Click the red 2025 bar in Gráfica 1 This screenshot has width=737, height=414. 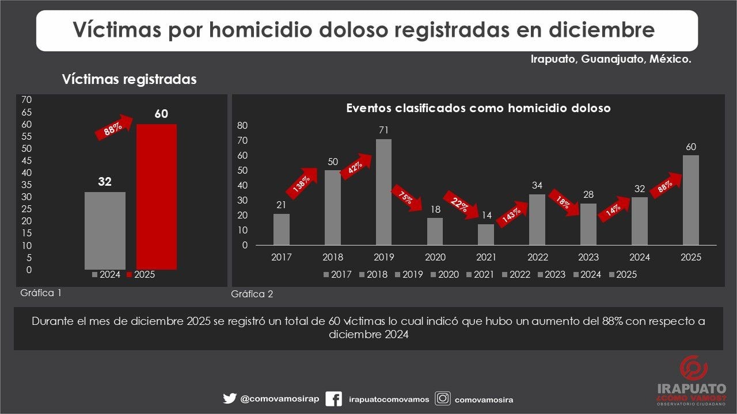(156, 197)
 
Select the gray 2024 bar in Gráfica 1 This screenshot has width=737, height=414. (105, 230)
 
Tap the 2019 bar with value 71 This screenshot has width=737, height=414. (383, 191)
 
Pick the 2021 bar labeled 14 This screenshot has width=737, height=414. (486, 234)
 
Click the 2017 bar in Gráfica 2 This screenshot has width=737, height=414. (282, 229)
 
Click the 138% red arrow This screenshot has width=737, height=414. (301, 182)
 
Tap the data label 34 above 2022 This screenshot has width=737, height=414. (537, 185)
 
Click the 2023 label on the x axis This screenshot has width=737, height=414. (588, 257)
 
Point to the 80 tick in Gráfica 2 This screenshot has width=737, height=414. (242, 126)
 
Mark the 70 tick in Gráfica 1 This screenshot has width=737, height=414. (26, 99)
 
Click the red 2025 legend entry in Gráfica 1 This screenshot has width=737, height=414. (140, 275)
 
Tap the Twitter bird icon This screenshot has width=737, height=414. (229, 398)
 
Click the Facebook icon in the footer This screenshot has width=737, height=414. (333, 398)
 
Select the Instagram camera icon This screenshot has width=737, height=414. (442, 398)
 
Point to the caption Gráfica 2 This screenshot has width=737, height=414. (252, 294)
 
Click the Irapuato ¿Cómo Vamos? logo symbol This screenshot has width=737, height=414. (693, 369)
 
